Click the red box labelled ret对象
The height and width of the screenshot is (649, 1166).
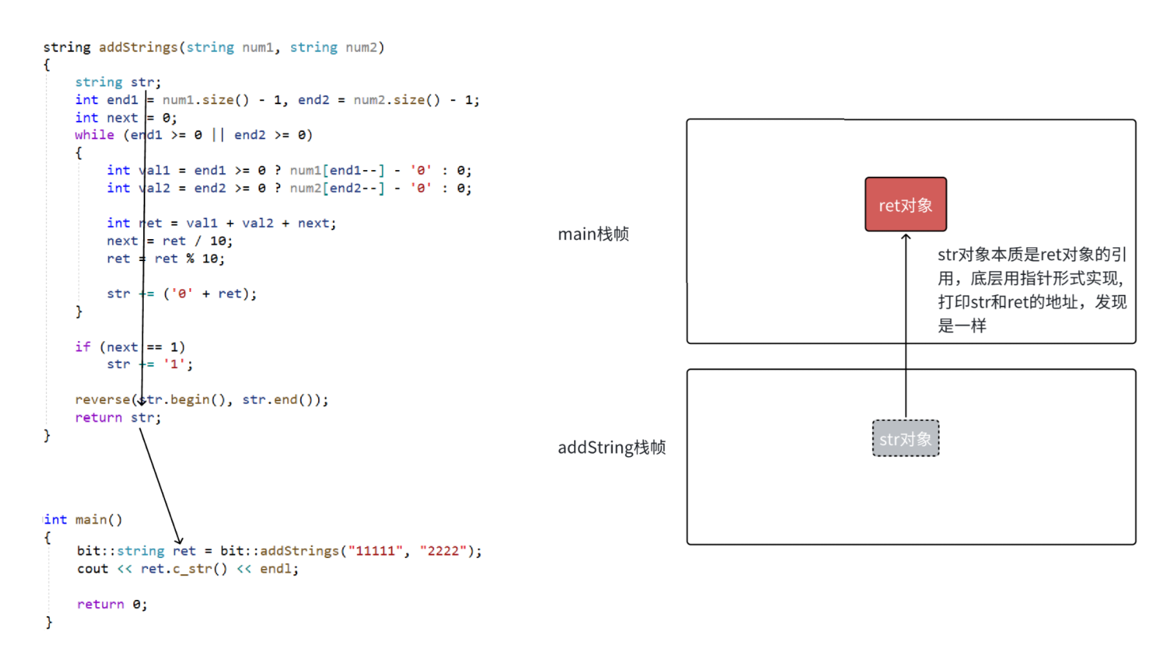pyautogui.click(x=906, y=205)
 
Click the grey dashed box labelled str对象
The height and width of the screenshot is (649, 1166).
pyautogui.click(x=906, y=439)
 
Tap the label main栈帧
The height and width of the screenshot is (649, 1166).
pyautogui.click(x=593, y=234)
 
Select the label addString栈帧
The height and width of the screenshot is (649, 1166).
pyautogui.click(x=612, y=447)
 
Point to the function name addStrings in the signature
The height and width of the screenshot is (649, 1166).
pyautogui.click(x=139, y=48)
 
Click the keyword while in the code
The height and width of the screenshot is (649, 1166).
pyautogui.click(x=95, y=135)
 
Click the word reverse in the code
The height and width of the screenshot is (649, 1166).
pyautogui.click(x=103, y=400)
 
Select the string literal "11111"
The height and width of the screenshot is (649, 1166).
pyautogui.click(x=375, y=551)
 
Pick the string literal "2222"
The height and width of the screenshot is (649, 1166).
pyautogui.click(x=444, y=551)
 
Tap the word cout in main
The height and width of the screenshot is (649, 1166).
pyautogui.click(x=92, y=569)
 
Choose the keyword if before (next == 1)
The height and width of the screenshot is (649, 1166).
pyautogui.click(x=82, y=347)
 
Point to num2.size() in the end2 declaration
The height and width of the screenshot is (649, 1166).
pyautogui.click(x=397, y=100)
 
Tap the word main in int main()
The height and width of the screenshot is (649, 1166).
pyautogui.click(x=91, y=520)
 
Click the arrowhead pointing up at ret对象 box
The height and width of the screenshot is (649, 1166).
pyautogui.click(x=906, y=236)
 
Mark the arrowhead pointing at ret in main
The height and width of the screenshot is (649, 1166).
pyautogui.click(x=178, y=541)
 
